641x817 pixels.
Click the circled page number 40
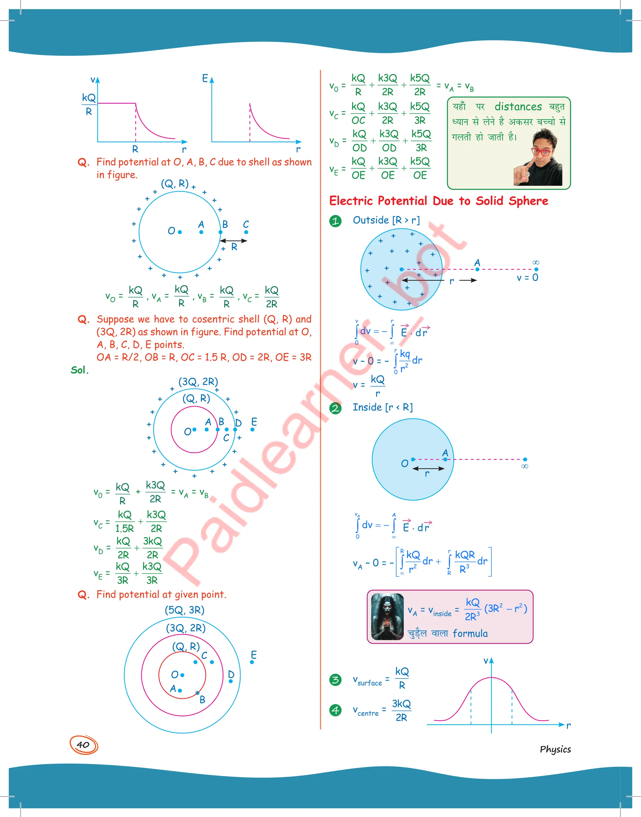(83, 745)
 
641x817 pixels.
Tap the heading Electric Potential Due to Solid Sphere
(438, 201)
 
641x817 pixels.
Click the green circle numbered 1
(335, 221)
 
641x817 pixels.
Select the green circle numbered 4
(335, 710)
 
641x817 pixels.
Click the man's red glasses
(541, 151)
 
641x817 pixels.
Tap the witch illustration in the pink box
(387, 616)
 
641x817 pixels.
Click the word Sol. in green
(79, 370)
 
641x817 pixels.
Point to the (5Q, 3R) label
(185, 610)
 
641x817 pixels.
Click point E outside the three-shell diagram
(252, 662)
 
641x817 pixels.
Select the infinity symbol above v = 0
(536, 263)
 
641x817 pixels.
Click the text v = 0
(527, 278)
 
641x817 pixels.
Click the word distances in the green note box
(518, 107)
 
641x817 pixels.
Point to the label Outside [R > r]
(386, 220)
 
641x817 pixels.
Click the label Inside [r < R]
(382, 407)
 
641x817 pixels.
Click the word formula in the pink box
(470, 634)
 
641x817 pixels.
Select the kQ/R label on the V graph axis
(89, 104)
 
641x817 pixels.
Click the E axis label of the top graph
(205, 79)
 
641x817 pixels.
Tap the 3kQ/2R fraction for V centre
(401, 710)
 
